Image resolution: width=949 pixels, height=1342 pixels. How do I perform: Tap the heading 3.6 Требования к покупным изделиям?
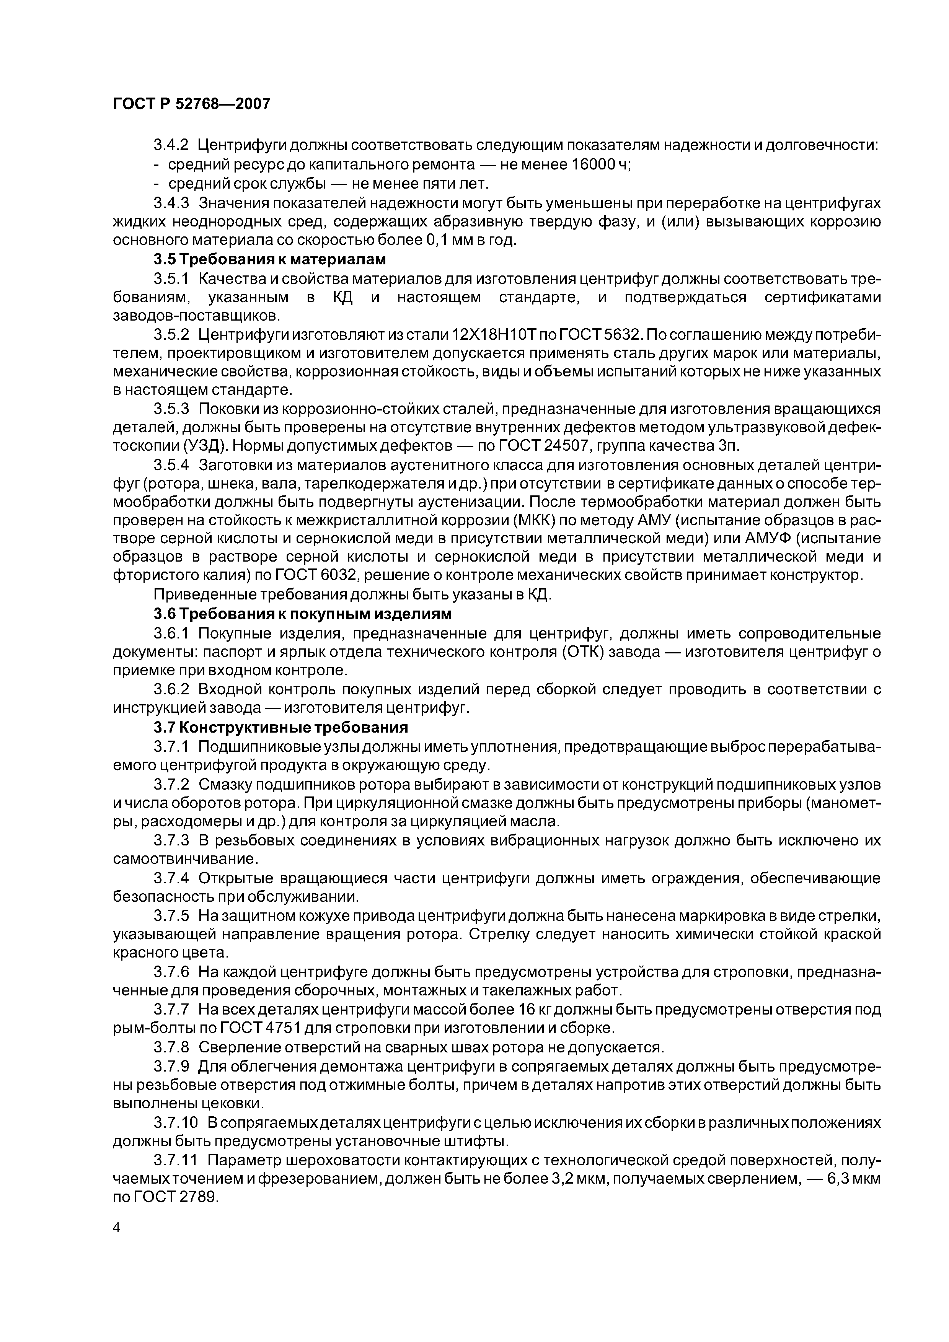click(x=302, y=614)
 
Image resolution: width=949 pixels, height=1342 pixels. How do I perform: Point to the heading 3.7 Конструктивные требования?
click(x=280, y=727)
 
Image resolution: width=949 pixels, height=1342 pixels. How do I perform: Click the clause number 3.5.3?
click(x=172, y=409)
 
